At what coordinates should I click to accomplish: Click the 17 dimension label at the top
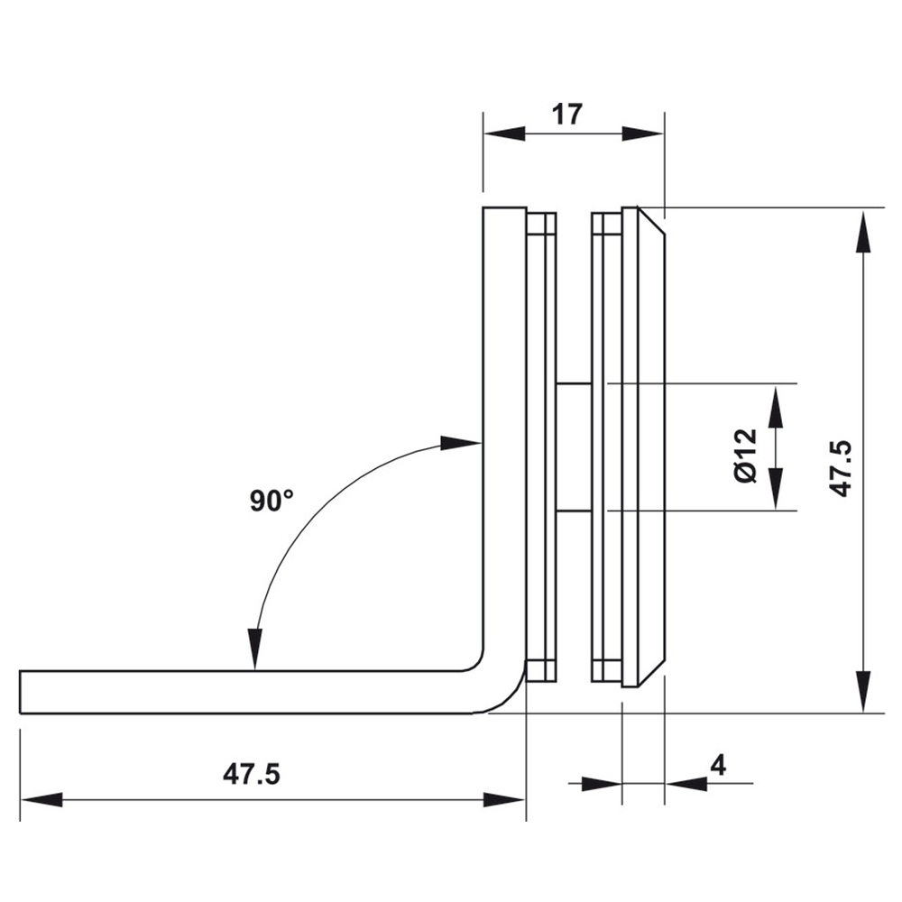[567, 115]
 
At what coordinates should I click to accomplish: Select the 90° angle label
[272, 501]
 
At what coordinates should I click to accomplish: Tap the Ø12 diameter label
[746, 456]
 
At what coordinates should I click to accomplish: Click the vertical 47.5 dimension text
[842, 469]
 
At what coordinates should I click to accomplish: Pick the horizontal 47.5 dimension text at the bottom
[252, 774]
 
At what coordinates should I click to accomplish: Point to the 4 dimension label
[719, 766]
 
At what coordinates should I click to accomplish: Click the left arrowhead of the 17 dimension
[504, 134]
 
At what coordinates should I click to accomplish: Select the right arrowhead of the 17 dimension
[643, 134]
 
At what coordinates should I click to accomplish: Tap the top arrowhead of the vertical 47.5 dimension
[863, 232]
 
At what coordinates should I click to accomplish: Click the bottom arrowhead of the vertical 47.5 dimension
[863, 692]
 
